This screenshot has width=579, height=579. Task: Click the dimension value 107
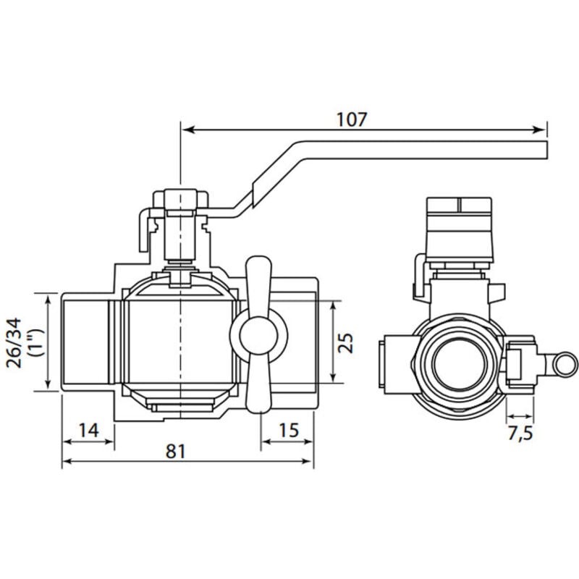pos(352,119)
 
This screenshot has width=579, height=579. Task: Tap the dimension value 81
pos(176,451)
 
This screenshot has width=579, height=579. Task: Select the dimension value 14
pos(89,430)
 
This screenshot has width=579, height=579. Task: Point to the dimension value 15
pos(289,430)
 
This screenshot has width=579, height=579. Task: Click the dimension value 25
pos(346,343)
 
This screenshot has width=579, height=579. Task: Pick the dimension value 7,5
pos(520,433)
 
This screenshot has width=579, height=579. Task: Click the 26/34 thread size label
pos(14,343)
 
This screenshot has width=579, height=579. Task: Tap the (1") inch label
pos(37,343)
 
